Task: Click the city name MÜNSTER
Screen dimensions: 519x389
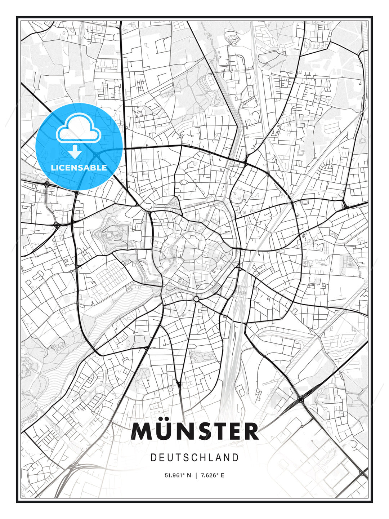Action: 195,431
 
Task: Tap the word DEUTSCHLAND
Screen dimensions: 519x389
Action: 195,458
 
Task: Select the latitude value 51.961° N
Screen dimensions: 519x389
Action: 177,475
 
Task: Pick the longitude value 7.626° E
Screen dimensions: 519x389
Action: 213,475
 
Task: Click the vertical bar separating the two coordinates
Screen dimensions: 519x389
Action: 196,475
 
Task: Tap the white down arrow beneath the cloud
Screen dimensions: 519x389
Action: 75,152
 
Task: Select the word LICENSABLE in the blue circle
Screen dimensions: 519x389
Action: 79,168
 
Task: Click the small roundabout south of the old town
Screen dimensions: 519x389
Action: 196,299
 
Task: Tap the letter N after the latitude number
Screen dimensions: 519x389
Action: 188,475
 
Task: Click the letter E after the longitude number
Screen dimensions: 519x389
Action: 222,475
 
